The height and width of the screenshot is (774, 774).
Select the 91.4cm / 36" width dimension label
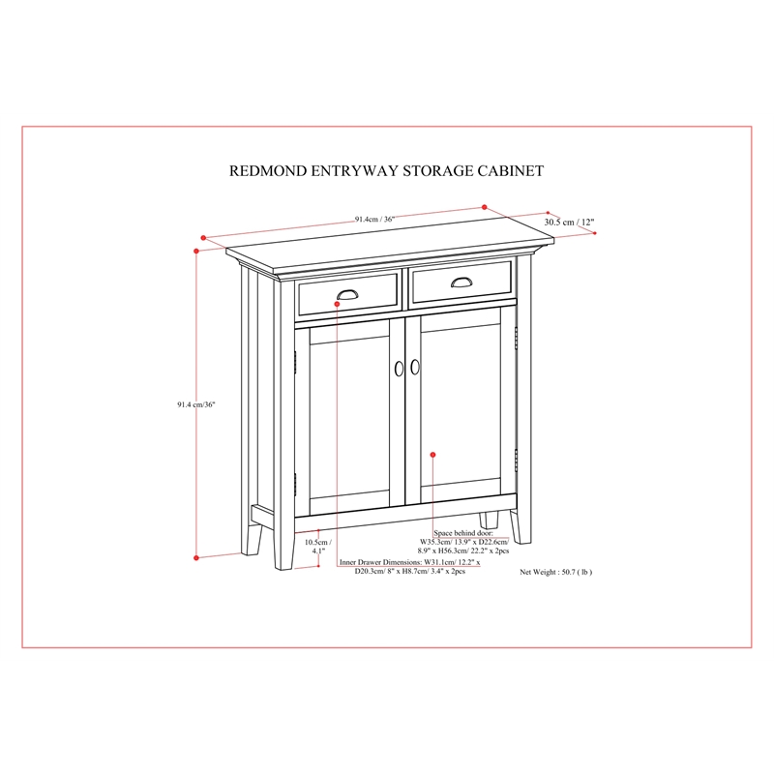pyautogui.click(x=374, y=220)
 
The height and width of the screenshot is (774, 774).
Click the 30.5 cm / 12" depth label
pyautogui.click(x=569, y=223)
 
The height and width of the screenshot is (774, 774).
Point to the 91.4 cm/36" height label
pyautogui.click(x=196, y=404)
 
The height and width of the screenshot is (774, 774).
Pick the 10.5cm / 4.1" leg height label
pyautogui.click(x=318, y=547)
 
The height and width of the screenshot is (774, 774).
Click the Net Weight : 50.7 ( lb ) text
pyautogui.click(x=555, y=572)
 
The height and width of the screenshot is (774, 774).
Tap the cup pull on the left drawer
pyautogui.click(x=348, y=295)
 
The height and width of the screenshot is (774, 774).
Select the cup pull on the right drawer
pyautogui.click(x=461, y=282)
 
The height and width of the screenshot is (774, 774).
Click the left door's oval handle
pyautogui.click(x=399, y=369)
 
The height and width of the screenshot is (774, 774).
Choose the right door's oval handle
pyautogui.click(x=415, y=367)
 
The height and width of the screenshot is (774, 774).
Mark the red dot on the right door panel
pyautogui.click(x=432, y=455)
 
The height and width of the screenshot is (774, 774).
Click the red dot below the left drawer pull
pyautogui.click(x=337, y=304)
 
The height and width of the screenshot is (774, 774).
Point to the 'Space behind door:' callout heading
pyautogui.click(x=463, y=533)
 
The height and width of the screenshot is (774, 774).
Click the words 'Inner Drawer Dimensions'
pyautogui.click(x=380, y=562)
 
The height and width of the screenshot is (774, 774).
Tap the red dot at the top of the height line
pyautogui.click(x=196, y=252)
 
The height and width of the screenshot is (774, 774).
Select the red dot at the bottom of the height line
pyautogui.click(x=196, y=558)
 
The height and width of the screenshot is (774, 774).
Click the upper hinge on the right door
pyautogui.click(x=517, y=338)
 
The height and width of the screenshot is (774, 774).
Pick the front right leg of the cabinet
pyautogui.click(x=521, y=526)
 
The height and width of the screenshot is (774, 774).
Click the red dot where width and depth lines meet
pyautogui.click(x=485, y=207)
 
